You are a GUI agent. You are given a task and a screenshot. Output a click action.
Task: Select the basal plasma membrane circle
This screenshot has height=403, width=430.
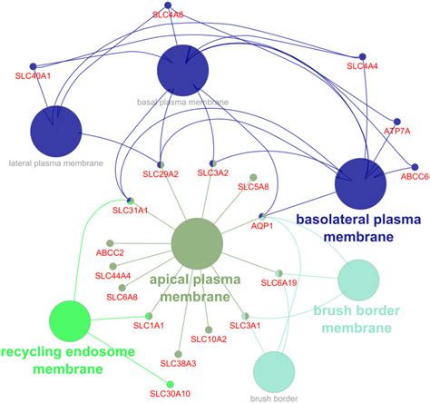pyautogui.click(x=183, y=69)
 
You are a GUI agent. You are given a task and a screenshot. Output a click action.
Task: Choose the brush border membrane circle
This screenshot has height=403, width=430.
pyautogui.click(x=364, y=283)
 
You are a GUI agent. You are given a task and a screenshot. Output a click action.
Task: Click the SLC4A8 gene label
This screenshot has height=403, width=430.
pyautogui.click(x=165, y=15)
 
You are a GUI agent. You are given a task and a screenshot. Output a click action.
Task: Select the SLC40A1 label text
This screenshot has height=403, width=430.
pyautogui.click(x=34, y=77)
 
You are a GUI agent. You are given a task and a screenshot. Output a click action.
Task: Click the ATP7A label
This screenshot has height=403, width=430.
pyautogui.click(x=396, y=132)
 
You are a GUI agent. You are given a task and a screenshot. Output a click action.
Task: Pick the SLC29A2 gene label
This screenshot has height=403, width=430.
pyautogui.click(x=161, y=172)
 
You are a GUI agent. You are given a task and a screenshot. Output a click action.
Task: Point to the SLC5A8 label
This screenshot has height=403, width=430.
pyautogui.click(x=253, y=187)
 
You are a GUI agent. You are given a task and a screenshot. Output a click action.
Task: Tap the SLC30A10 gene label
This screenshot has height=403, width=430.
pyautogui.click(x=170, y=393)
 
